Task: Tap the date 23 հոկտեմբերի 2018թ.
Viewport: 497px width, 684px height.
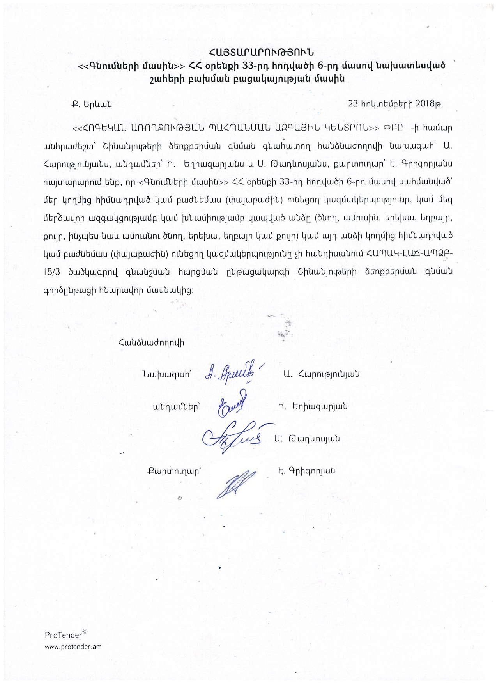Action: click(x=395, y=104)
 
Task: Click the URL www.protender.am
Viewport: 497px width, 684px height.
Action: click(x=73, y=647)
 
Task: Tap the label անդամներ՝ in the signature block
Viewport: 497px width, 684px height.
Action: click(x=176, y=407)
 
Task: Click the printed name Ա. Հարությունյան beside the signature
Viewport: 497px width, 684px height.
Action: click(x=321, y=374)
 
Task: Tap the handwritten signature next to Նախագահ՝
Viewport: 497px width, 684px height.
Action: click(x=233, y=374)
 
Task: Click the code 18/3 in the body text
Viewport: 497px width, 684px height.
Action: click(x=52, y=272)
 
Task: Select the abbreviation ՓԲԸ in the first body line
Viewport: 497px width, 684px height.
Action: click(x=391, y=128)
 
